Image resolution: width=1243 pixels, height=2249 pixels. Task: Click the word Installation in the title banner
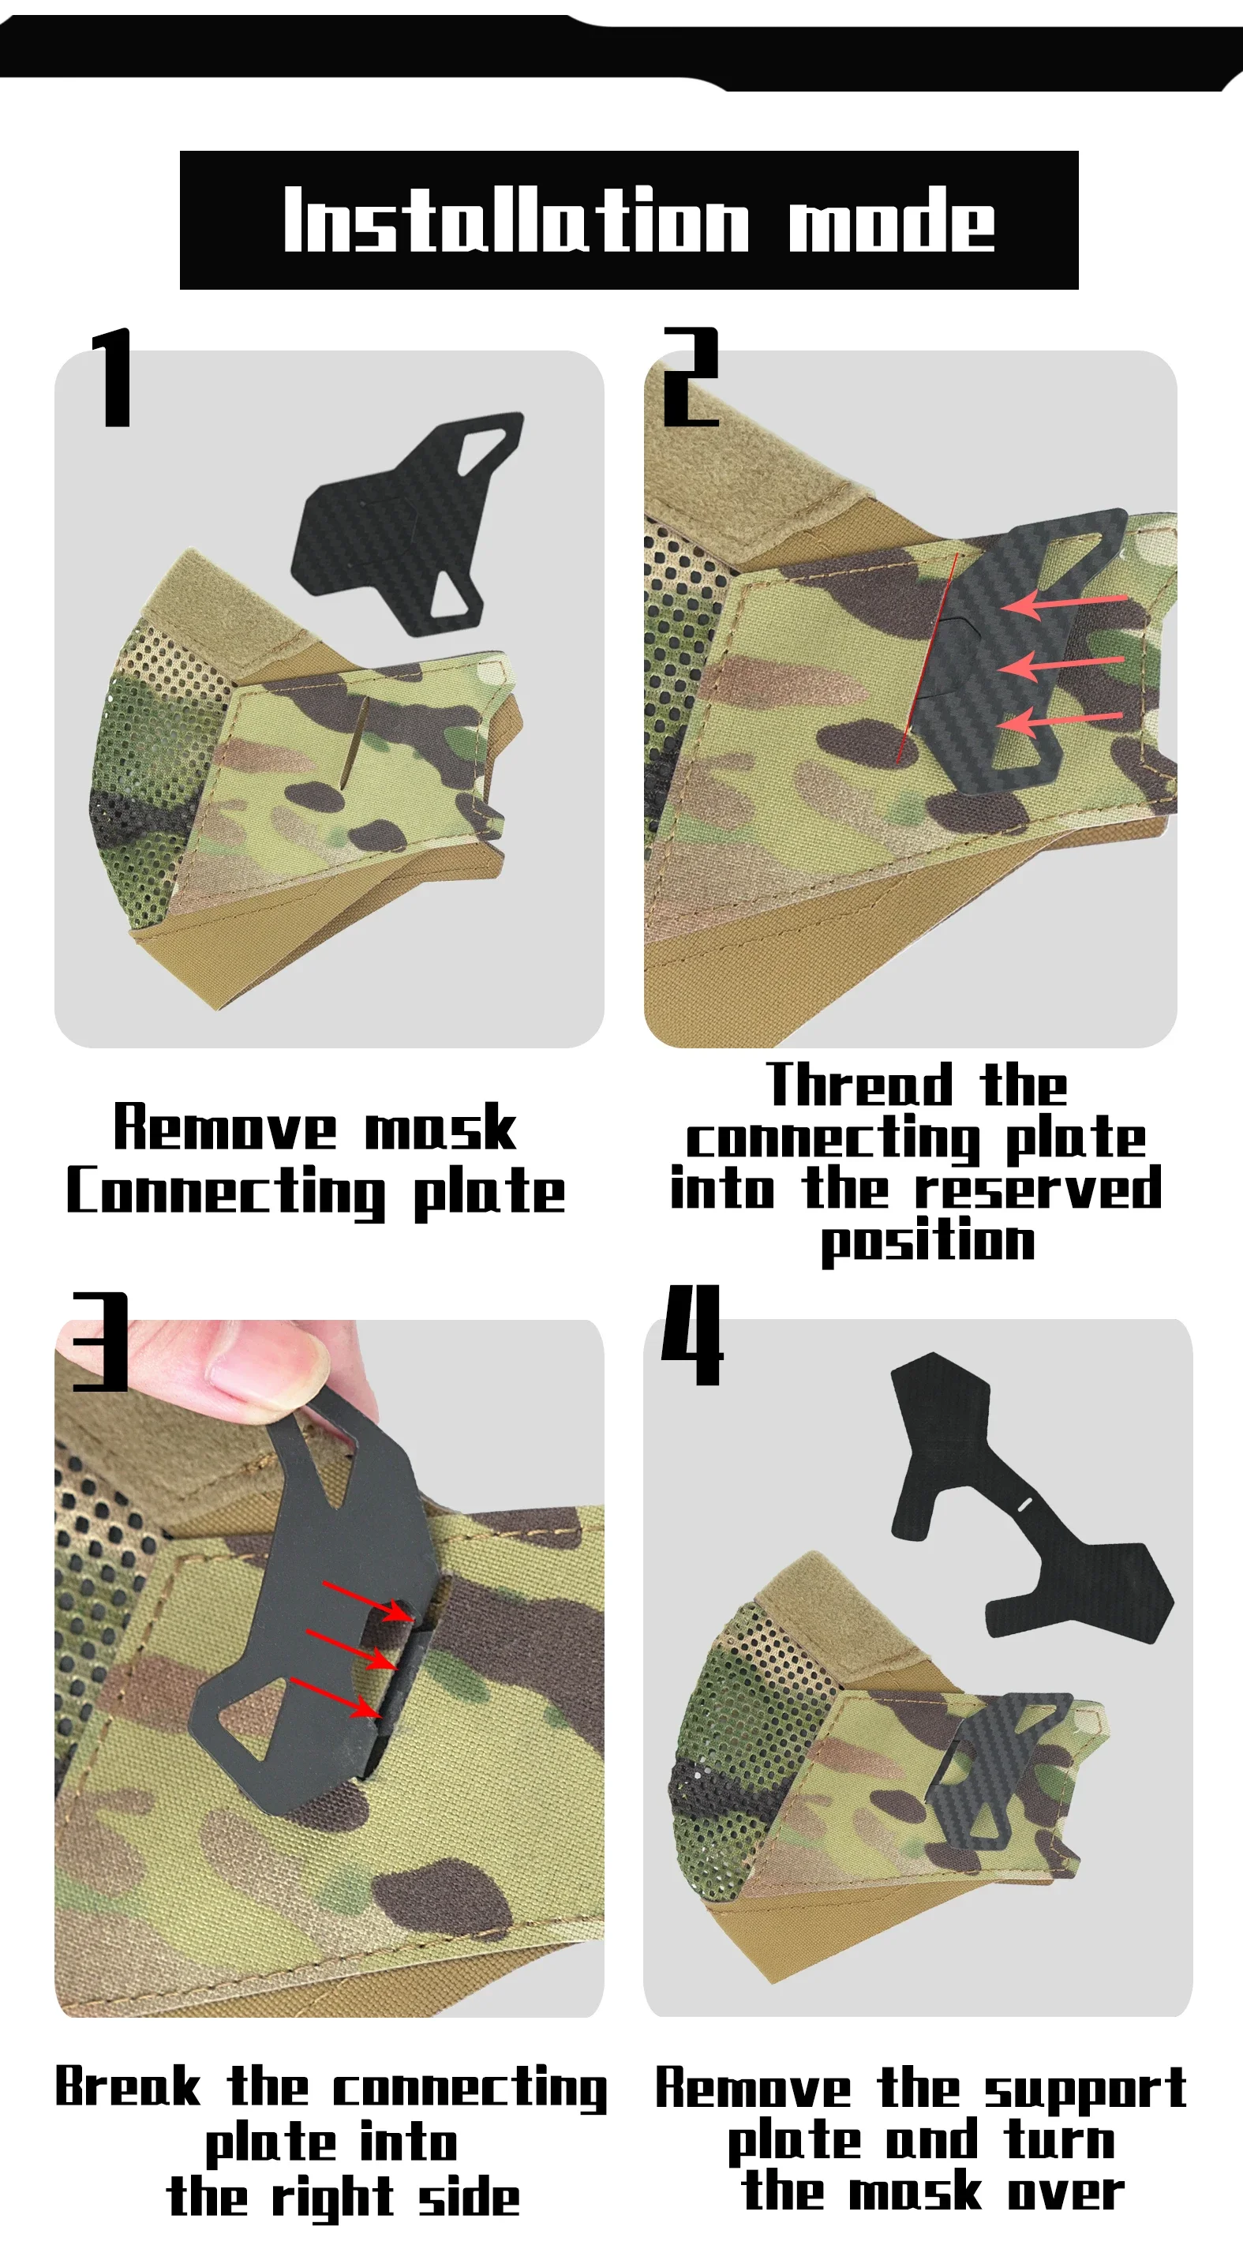tap(516, 219)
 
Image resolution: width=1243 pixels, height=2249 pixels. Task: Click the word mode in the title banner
tap(891, 219)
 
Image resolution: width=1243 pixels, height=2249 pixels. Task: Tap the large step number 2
tap(691, 377)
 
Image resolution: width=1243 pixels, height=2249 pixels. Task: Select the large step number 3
tap(101, 1342)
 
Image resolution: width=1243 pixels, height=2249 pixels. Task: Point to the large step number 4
tap(692, 1335)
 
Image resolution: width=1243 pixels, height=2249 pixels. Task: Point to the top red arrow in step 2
tap(1063, 603)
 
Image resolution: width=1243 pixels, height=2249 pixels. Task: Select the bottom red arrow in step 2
tap(1059, 722)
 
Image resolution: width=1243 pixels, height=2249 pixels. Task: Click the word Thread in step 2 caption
tap(859, 1085)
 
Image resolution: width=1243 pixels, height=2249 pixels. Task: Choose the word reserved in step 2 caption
tap(1038, 1188)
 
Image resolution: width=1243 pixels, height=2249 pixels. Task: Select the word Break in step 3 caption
tap(127, 2086)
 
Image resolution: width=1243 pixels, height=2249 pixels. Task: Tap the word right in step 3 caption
tap(332, 2198)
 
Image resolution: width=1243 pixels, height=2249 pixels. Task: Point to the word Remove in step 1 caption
tap(224, 1127)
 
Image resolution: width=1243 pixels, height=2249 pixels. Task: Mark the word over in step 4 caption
tap(1065, 2193)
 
